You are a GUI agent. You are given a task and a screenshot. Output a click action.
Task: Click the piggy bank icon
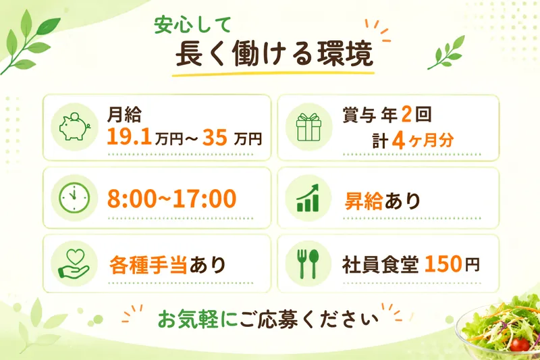pyautogui.click(x=74, y=126)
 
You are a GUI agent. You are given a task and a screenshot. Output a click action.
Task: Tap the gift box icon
pyautogui.click(x=308, y=127)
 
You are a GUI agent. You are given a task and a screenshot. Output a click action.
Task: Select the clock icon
pyautogui.click(x=74, y=198)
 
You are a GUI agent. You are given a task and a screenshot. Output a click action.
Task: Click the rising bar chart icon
pyautogui.click(x=308, y=198)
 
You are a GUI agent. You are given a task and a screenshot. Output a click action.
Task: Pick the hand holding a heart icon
pyautogui.click(x=74, y=263)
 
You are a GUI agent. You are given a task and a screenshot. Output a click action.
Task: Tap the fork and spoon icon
pyautogui.click(x=308, y=263)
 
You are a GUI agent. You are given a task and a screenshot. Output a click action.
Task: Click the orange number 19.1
pyautogui.click(x=129, y=136)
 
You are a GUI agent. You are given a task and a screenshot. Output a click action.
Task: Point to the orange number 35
pyautogui.click(x=215, y=137)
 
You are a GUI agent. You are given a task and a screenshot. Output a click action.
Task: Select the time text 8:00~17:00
pyautogui.click(x=171, y=199)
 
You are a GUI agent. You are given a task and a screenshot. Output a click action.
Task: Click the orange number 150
pyautogui.click(x=443, y=264)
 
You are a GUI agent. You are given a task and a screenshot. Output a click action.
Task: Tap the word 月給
pyautogui.click(x=124, y=115)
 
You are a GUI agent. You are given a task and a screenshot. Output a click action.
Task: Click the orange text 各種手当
pyautogui.click(x=148, y=265)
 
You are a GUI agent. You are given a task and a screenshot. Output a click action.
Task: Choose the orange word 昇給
pyautogui.click(x=363, y=201)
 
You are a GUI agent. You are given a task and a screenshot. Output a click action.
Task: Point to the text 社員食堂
pyautogui.click(x=380, y=265)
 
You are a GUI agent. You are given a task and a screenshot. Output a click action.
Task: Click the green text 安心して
pyautogui.click(x=192, y=25)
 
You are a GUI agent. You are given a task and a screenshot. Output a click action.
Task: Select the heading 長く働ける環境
pyautogui.click(x=275, y=54)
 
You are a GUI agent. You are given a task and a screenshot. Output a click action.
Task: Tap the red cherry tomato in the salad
pyautogui.click(x=520, y=344)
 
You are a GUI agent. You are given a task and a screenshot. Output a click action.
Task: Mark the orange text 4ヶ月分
pyautogui.click(x=423, y=140)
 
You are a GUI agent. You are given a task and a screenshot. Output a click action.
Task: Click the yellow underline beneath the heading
pyautogui.click(x=273, y=74)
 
